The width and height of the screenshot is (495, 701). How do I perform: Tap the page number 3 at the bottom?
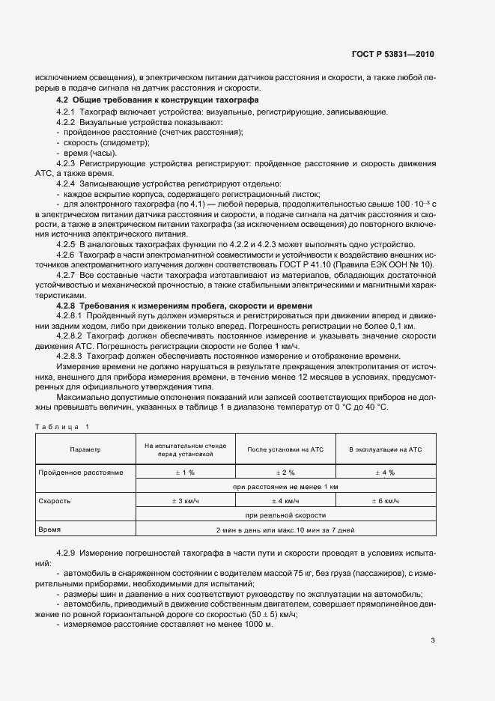click(x=433, y=640)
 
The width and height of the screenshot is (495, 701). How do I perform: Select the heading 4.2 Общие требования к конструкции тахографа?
click(x=158, y=100)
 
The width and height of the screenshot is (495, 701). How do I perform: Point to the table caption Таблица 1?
click(x=62, y=426)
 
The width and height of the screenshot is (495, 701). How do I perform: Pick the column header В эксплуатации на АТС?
click(x=386, y=449)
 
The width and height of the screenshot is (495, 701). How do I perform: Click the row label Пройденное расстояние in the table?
click(x=81, y=473)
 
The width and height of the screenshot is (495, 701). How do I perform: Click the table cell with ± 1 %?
click(x=185, y=473)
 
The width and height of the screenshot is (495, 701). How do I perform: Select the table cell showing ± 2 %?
click(x=285, y=473)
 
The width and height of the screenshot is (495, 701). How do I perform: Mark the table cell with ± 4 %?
click(x=386, y=473)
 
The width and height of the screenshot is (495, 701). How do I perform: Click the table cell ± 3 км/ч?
click(x=185, y=500)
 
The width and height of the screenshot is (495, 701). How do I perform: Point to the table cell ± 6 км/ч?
click(x=386, y=500)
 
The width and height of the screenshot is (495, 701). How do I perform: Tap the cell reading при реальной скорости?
click(x=285, y=515)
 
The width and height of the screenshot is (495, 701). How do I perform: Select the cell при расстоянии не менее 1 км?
click(x=285, y=487)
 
